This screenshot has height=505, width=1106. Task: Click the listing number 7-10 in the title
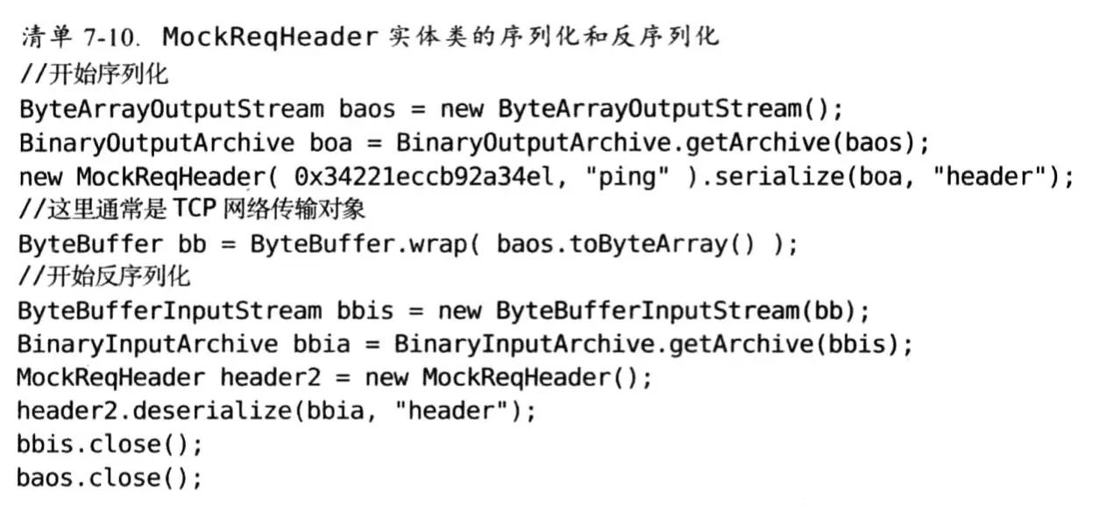[x=111, y=37]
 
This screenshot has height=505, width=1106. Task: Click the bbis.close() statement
[x=110, y=445]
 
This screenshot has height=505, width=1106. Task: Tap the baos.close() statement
[x=110, y=479]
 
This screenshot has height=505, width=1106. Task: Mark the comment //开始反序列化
[x=103, y=278]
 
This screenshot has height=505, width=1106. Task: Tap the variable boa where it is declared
[x=331, y=142]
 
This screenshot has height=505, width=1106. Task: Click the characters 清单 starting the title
[x=40, y=37]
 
